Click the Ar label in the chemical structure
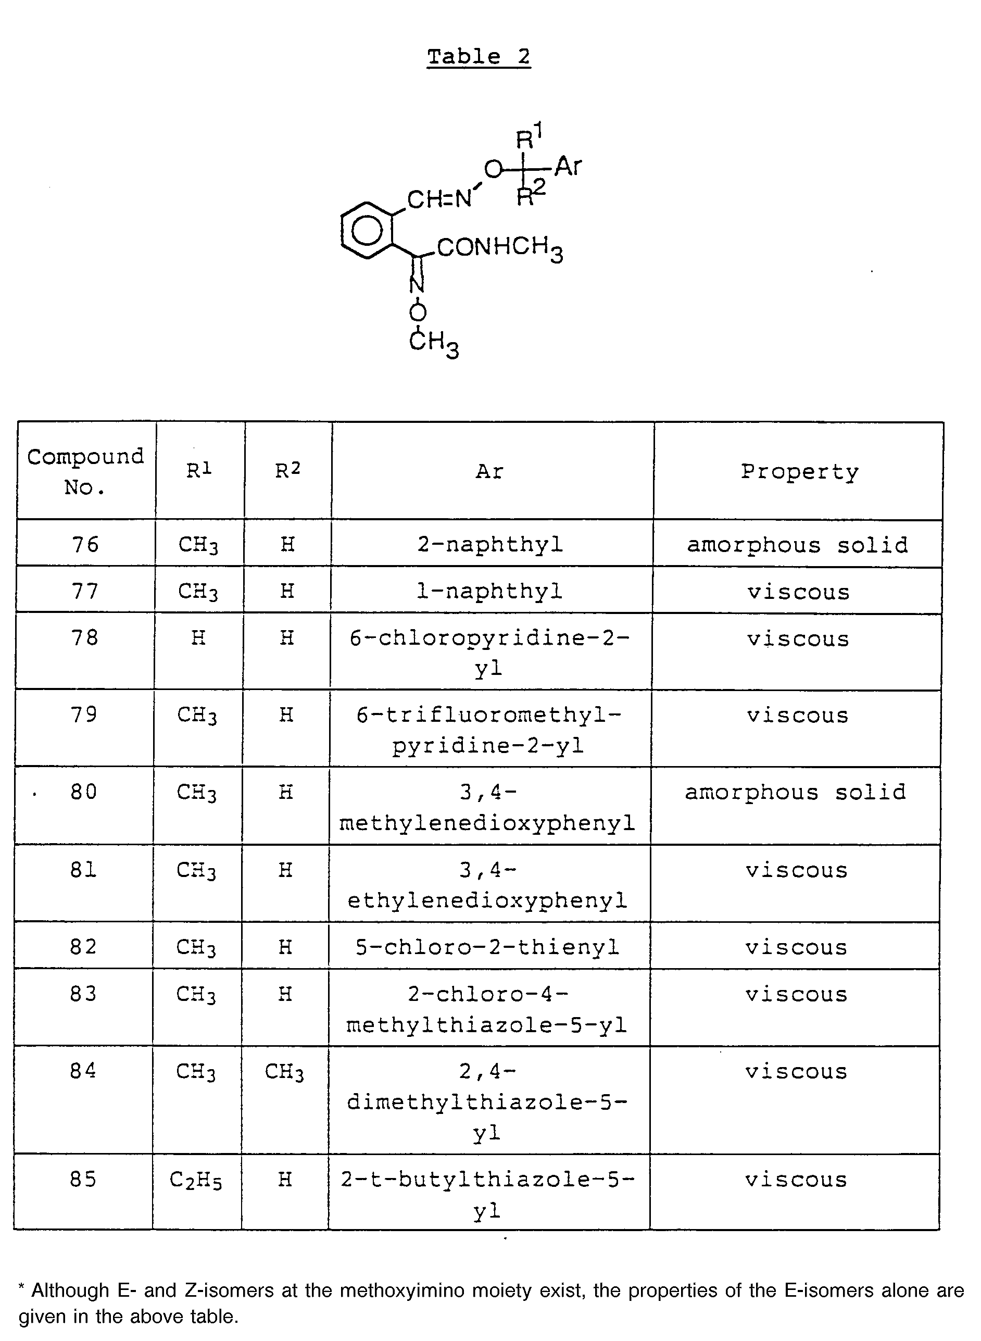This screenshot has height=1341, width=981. [568, 167]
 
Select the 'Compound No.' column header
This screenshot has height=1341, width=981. [85, 471]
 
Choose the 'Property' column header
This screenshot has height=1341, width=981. [799, 471]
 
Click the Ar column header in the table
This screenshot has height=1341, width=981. [490, 471]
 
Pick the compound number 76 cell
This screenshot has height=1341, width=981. [85, 544]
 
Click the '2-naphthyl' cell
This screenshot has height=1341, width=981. [490, 544]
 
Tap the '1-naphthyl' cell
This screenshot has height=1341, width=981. [489, 591]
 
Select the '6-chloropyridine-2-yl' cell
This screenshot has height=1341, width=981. [489, 653]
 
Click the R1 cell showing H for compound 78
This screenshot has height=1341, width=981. [198, 638]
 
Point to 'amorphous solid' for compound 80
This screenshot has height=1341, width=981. [796, 792]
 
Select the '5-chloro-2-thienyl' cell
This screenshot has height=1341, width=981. [487, 947]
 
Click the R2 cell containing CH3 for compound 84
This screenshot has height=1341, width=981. [284, 1072]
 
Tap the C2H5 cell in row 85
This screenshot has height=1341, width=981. [196, 1180]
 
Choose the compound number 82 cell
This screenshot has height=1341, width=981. [83, 947]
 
